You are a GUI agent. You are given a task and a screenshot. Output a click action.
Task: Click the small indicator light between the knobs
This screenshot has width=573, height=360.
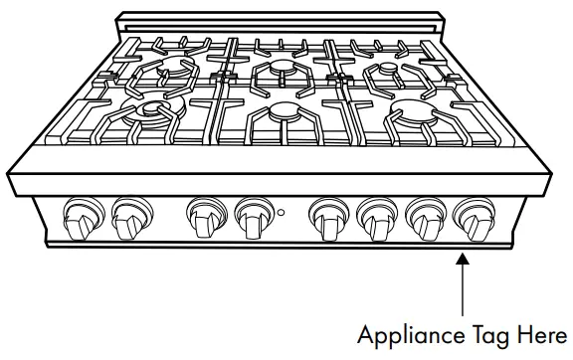(x=282, y=213)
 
